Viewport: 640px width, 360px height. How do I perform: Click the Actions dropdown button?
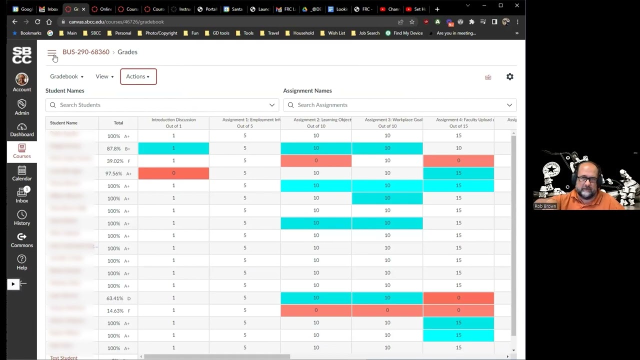[138, 76]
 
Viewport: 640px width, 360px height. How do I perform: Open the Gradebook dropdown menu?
[66, 76]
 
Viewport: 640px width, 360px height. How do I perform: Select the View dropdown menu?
[104, 76]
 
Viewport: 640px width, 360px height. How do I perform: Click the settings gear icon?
[509, 76]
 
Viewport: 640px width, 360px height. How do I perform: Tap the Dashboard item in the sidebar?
[22, 129]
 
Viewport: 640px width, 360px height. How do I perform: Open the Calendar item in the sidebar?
[22, 173]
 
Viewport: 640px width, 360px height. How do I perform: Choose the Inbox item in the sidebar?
[22, 195]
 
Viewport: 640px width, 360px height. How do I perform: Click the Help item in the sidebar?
[22, 262]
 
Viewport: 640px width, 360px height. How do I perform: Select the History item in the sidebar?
[22, 218]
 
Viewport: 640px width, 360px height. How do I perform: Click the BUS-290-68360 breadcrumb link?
[85, 52]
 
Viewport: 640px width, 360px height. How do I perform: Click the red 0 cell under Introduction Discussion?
[173, 173]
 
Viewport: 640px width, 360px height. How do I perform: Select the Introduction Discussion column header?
[173, 122]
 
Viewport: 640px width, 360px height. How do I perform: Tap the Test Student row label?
[63, 357]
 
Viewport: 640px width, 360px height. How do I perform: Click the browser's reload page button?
[37, 22]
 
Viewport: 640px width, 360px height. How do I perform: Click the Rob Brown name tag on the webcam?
[545, 206]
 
